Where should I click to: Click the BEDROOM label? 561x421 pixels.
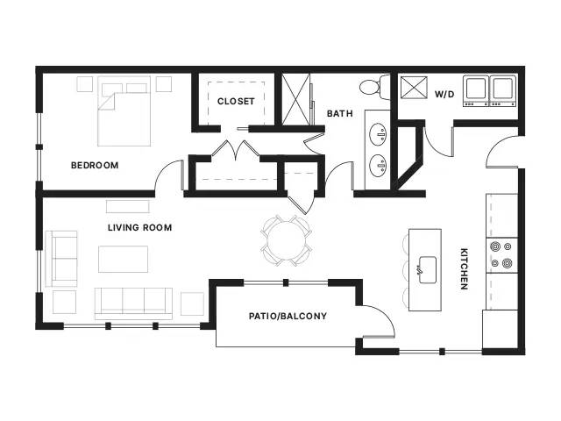pyautogui.click(x=95, y=165)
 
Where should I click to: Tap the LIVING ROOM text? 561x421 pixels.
pyautogui.click(x=140, y=227)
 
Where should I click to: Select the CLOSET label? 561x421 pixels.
pyautogui.click(x=236, y=102)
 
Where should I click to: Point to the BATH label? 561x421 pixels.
pyautogui.click(x=340, y=113)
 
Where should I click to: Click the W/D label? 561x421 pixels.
pyautogui.click(x=444, y=94)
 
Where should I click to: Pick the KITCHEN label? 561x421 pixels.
pyautogui.click(x=464, y=268)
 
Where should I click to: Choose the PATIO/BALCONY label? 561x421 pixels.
pyautogui.click(x=288, y=316)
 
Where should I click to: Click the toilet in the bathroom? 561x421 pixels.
pyautogui.click(x=374, y=87)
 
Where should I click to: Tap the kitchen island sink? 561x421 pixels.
pyautogui.click(x=427, y=269)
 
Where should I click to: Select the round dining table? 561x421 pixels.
pyautogui.click(x=287, y=240)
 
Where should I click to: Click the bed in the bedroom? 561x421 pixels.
pyautogui.click(x=124, y=111)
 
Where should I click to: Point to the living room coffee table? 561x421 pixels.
pyautogui.click(x=123, y=259)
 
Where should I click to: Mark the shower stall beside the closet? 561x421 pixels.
pyautogui.click(x=296, y=99)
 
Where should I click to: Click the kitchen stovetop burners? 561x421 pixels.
pyautogui.click(x=501, y=255)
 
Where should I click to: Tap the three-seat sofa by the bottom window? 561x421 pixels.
pyautogui.click(x=133, y=303)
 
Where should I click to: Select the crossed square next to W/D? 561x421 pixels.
pyautogui.click(x=414, y=88)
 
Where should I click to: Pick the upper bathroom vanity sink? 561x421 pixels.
pyautogui.click(x=378, y=134)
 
